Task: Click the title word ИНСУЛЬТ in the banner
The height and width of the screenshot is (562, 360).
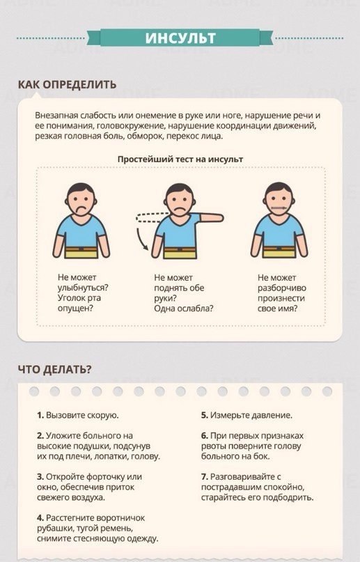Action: point(180,38)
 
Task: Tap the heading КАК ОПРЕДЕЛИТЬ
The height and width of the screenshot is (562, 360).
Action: point(68,84)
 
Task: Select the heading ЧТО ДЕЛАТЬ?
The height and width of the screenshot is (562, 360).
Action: point(54,369)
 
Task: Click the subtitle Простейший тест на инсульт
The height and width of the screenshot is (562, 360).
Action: point(180,159)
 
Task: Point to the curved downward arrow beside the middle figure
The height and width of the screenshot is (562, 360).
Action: point(141,239)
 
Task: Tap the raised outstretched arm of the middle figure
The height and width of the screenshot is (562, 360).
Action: point(212,217)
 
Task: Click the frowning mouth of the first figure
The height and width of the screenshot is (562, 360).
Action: point(81,208)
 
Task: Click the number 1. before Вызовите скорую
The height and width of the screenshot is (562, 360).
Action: point(40,415)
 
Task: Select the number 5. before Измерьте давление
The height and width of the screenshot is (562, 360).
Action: point(205,415)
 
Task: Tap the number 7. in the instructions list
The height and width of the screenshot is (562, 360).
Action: point(205,477)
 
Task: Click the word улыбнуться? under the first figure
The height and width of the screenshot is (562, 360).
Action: point(83,288)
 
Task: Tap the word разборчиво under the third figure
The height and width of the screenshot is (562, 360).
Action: point(282,288)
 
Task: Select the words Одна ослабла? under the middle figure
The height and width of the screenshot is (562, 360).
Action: point(183,309)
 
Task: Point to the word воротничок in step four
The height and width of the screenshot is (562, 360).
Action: point(120,518)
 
